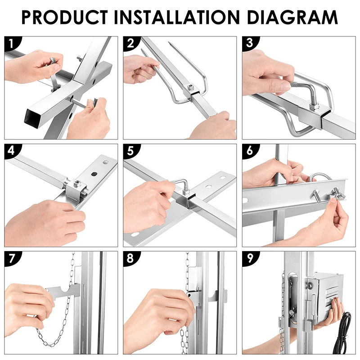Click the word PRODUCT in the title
[65, 17]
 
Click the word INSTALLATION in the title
[177, 17]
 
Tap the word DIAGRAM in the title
[292, 17]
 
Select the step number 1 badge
[12, 43]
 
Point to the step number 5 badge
[131, 151]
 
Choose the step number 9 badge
[250, 258]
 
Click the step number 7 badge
[12, 258]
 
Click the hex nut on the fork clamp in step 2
[190, 87]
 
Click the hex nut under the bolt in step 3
[314, 106]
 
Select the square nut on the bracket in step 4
[76, 183]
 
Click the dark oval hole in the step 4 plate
[94, 174]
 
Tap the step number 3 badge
[250, 43]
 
